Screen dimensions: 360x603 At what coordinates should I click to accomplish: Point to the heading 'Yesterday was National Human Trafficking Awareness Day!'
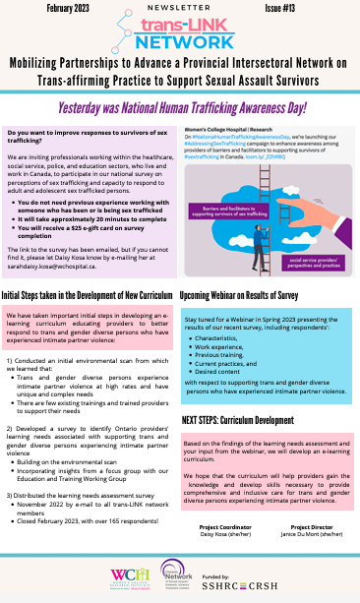[x=180, y=105]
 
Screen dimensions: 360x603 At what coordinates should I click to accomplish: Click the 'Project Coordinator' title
[x=221, y=526]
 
